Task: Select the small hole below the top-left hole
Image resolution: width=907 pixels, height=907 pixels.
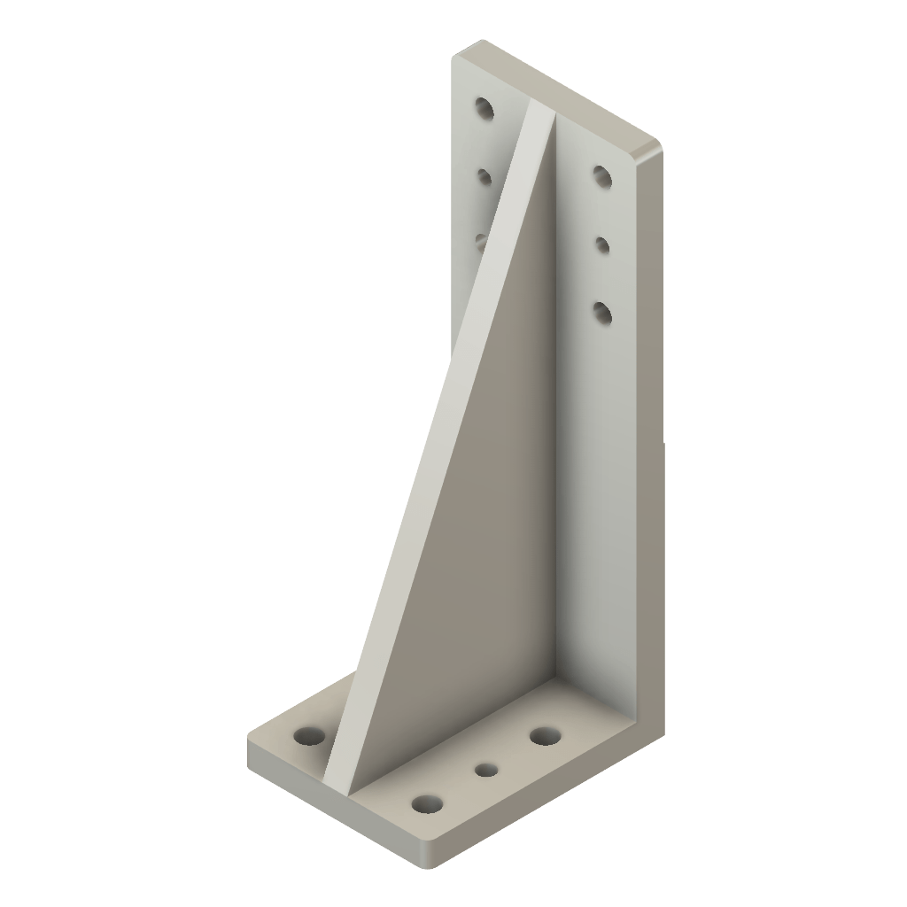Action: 484,178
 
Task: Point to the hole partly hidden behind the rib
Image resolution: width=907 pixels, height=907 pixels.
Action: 481,238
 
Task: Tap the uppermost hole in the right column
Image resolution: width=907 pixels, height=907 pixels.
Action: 602,176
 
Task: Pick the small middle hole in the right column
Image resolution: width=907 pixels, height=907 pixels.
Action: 602,244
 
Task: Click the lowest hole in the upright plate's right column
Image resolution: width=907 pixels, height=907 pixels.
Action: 603,312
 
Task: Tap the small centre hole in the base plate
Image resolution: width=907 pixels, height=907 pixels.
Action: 485,770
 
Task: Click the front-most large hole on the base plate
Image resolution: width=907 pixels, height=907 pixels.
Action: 427,803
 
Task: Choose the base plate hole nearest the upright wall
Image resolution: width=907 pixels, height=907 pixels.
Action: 544,735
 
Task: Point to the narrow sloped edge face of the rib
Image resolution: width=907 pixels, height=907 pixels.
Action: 434,443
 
